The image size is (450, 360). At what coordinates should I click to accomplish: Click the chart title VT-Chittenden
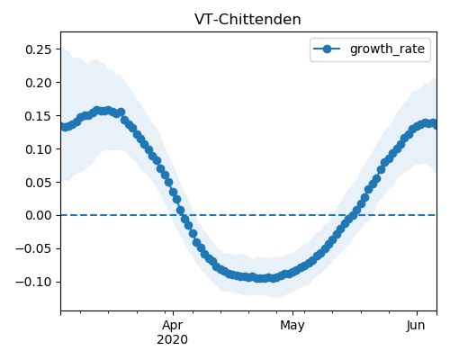[247, 20]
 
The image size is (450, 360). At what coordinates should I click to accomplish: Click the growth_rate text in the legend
[387, 49]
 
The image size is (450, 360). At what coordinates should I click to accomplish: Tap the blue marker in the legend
[327, 49]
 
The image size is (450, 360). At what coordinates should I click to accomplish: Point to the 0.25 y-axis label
[38, 49]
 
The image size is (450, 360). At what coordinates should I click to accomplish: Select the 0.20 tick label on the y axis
[38, 83]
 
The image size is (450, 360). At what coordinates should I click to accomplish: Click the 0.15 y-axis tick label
[38, 116]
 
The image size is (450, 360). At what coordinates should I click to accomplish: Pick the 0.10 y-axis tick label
[38, 149]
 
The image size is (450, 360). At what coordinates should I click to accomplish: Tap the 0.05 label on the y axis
[38, 183]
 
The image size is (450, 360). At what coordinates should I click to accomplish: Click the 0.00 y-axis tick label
[38, 215]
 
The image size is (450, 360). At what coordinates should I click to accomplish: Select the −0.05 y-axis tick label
[33, 248]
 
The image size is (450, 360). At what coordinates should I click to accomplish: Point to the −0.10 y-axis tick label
[33, 282]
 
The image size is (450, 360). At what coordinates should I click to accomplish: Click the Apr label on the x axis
[173, 326]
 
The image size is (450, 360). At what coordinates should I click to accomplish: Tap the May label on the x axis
[292, 326]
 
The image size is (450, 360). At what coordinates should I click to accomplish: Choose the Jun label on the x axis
[416, 325]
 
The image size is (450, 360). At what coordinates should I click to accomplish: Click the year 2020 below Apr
[173, 340]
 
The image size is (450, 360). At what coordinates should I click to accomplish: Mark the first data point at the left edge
[63, 127]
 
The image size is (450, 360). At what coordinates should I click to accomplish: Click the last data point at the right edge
[435, 124]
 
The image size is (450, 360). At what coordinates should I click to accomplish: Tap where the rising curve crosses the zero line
[352, 215]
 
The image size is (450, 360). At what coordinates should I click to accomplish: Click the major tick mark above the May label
[292, 313]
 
